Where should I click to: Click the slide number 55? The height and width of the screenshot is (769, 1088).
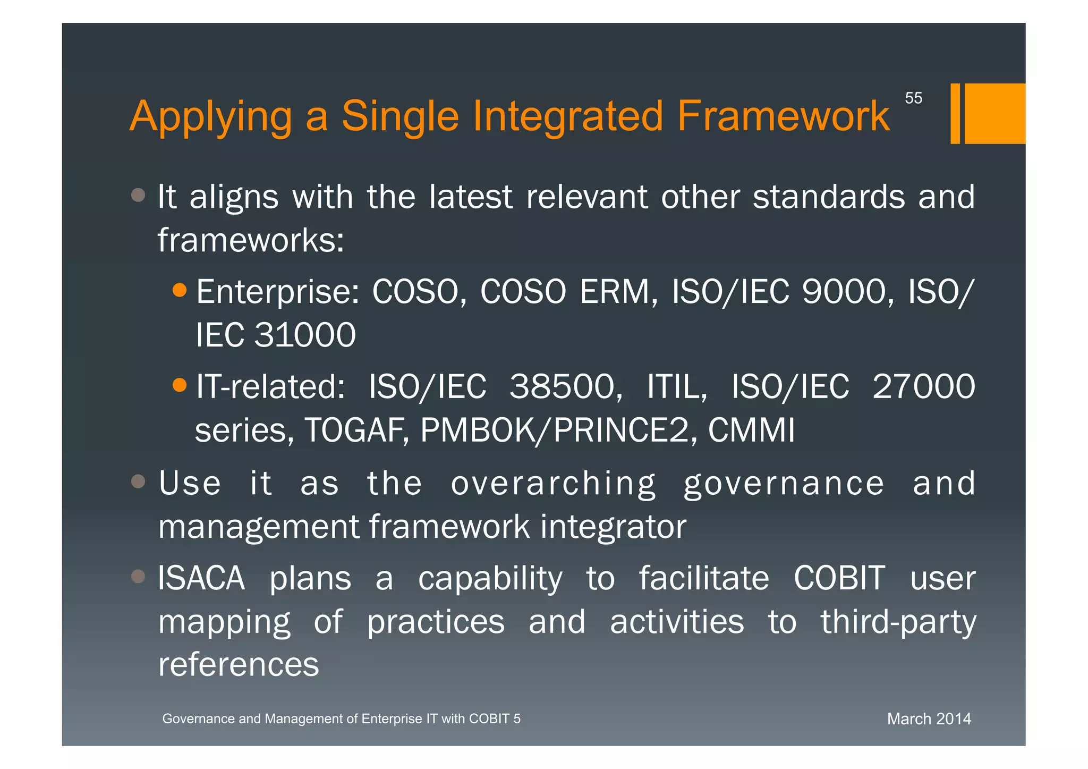coord(913,98)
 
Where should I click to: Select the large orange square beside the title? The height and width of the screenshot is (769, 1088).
coord(994,113)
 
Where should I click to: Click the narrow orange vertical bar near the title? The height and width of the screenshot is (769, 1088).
coord(955,113)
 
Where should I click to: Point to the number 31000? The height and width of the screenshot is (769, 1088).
coord(305,335)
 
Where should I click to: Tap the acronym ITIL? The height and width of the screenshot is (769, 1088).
coord(677,386)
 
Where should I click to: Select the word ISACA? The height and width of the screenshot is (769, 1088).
coord(201,578)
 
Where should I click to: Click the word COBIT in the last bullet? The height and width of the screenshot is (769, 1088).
coord(839,578)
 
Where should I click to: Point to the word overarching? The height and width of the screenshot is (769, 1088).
coord(553,484)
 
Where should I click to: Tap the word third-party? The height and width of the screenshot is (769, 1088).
coord(898,622)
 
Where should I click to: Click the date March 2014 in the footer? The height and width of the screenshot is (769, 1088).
coord(929,719)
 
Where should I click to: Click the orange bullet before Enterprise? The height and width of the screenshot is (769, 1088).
coord(180,290)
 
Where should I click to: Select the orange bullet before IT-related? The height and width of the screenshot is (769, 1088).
coord(180,385)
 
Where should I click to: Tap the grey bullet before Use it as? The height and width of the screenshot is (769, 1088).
coord(138,481)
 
